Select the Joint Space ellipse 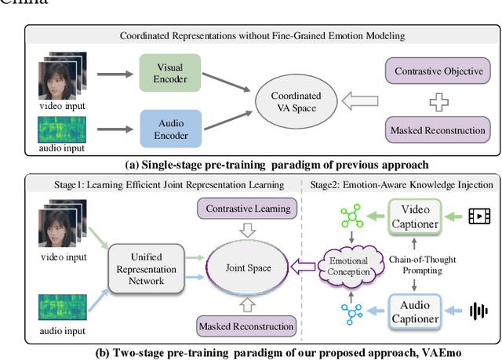point(248,267)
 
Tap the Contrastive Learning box point(249,209)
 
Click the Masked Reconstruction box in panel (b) point(246,325)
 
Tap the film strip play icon point(479,215)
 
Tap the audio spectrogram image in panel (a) point(60,129)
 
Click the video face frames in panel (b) point(60,233)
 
